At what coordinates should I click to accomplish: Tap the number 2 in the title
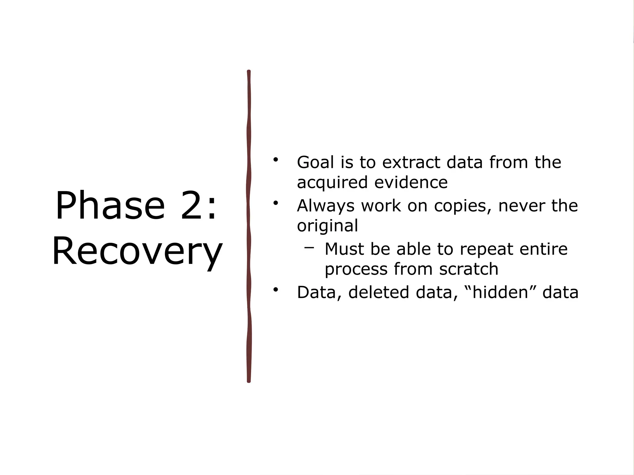pos(194,206)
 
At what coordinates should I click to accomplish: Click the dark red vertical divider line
pos(249,226)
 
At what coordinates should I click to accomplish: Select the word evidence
pos(411,182)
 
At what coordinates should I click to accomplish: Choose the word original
pos(327,225)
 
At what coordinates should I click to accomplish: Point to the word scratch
pos(468,269)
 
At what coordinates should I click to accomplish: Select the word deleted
pos(379,292)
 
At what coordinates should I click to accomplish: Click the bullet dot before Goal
pos(276,160)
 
